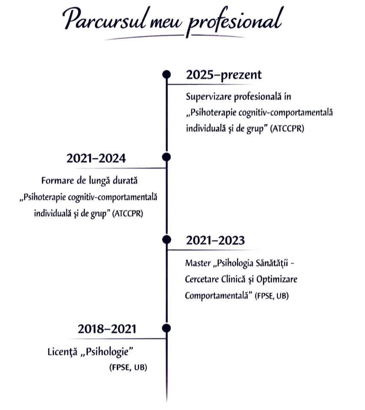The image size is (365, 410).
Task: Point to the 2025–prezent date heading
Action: [x=223, y=75]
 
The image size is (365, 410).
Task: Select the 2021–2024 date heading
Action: [x=96, y=159]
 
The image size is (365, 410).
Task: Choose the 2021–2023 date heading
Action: [x=216, y=241]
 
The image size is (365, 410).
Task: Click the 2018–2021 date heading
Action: [x=107, y=329]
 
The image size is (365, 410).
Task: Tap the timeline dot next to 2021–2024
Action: [x=166, y=157]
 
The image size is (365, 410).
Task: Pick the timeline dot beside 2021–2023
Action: [x=166, y=239]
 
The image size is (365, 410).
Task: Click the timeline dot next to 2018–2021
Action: [x=166, y=329]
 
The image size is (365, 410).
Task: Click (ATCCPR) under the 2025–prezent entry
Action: [x=288, y=129]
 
